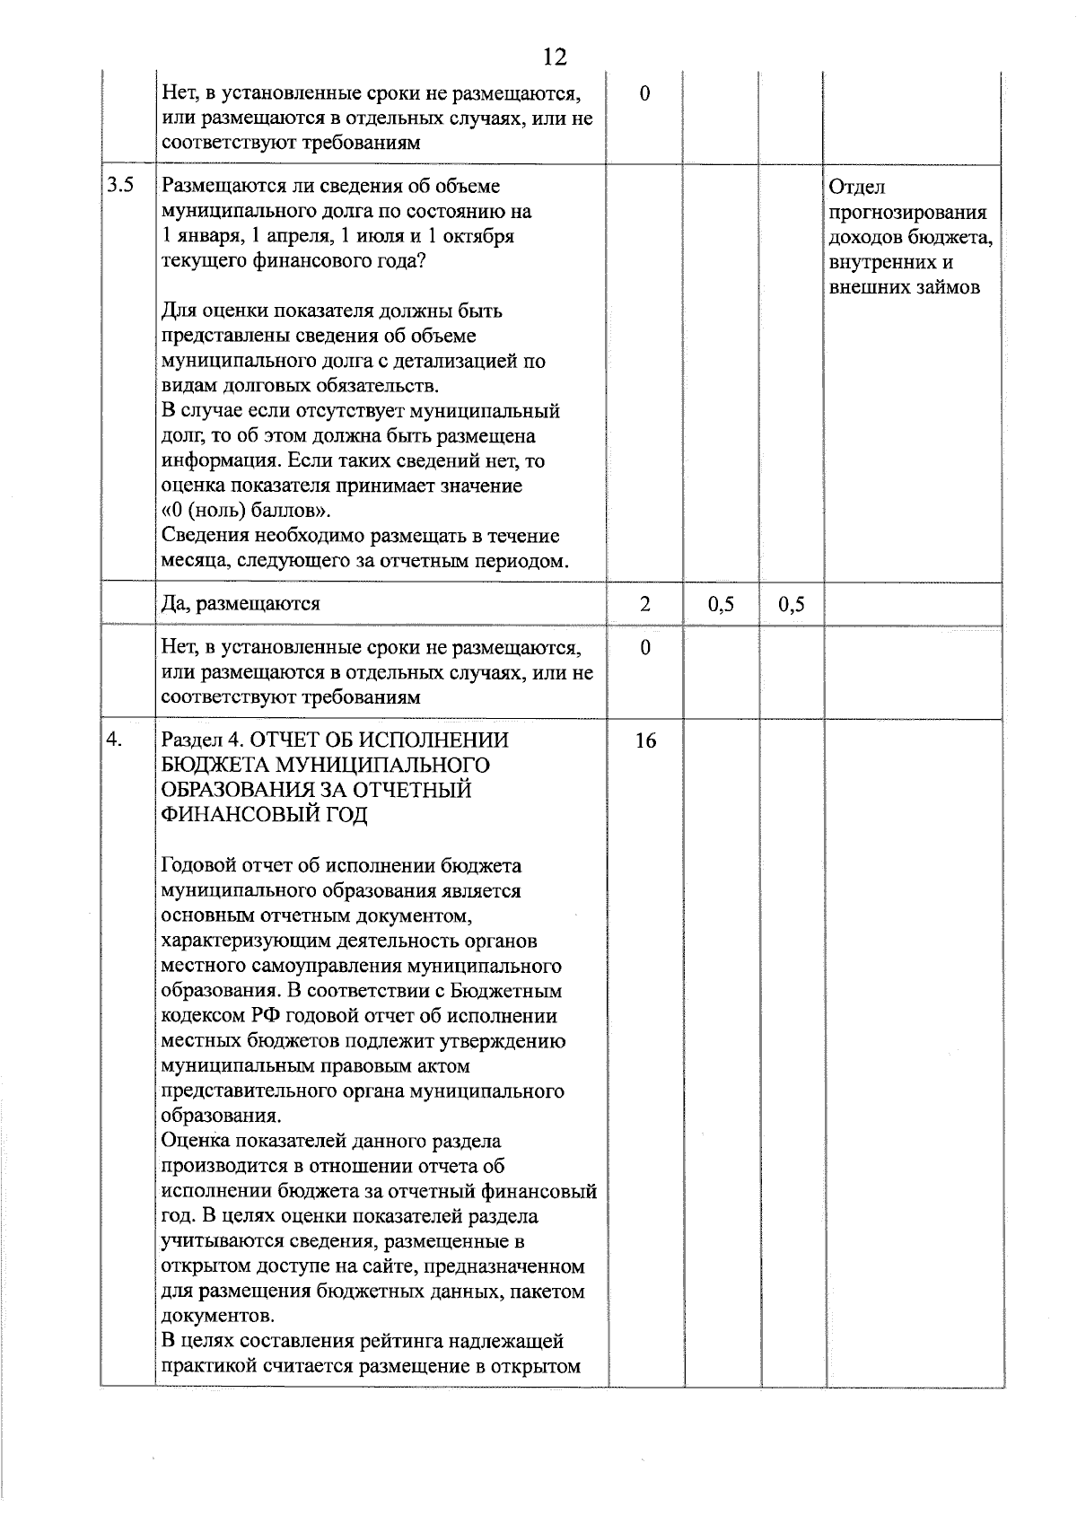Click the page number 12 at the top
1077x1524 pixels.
coord(555,57)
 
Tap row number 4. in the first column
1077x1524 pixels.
coord(114,740)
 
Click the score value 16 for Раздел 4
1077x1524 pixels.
coord(645,740)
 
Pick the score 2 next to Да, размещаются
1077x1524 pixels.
coord(645,604)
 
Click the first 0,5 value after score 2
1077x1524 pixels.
coord(721,604)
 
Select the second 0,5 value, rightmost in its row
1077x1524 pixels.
coord(791,604)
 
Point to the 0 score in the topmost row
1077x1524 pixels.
coord(645,93)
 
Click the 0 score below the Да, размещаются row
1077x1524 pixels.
coord(645,647)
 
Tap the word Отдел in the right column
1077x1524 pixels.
coord(857,188)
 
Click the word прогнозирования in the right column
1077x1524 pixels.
coord(907,213)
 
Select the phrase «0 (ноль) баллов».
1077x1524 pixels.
coord(245,511)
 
